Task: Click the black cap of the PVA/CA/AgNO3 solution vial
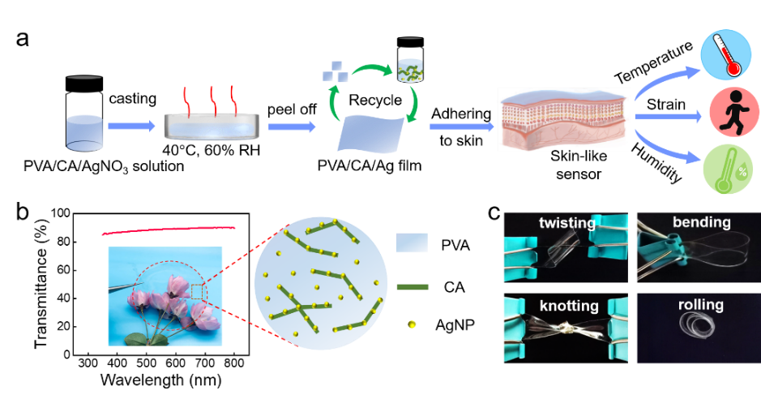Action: coord(84,83)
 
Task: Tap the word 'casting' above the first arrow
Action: coord(132,99)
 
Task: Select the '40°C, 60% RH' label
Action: coord(212,149)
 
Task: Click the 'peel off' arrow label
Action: coord(292,109)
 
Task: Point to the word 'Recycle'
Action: coord(375,100)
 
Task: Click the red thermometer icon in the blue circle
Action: coord(726,55)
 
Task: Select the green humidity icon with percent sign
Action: coord(728,169)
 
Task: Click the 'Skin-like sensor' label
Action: coord(579,165)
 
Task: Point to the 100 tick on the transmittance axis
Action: coord(60,213)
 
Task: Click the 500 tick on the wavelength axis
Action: coord(146,363)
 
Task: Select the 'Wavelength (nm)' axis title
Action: coord(161,380)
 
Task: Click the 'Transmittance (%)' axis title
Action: coord(41,284)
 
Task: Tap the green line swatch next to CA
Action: coord(413,287)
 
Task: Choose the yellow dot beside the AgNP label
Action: coord(412,324)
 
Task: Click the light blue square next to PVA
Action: coord(412,243)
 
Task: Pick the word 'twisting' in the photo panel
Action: coord(566,223)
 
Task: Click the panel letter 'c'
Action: coord(494,212)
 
